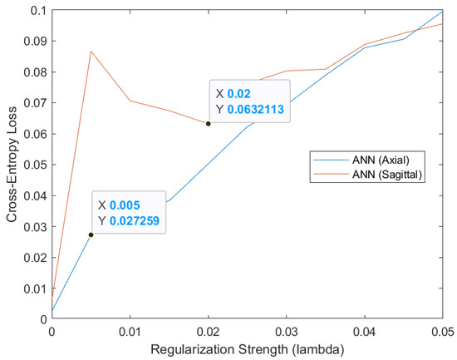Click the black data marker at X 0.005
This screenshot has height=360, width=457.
(91, 234)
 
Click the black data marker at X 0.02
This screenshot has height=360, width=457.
(209, 124)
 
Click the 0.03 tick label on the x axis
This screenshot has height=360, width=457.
(287, 332)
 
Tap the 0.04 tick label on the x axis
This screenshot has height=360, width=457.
(365, 332)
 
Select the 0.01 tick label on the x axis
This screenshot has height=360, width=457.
(130, 332)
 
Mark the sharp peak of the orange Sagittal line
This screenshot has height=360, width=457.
(91, 52)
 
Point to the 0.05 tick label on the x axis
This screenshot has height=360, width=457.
(442, 332)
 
